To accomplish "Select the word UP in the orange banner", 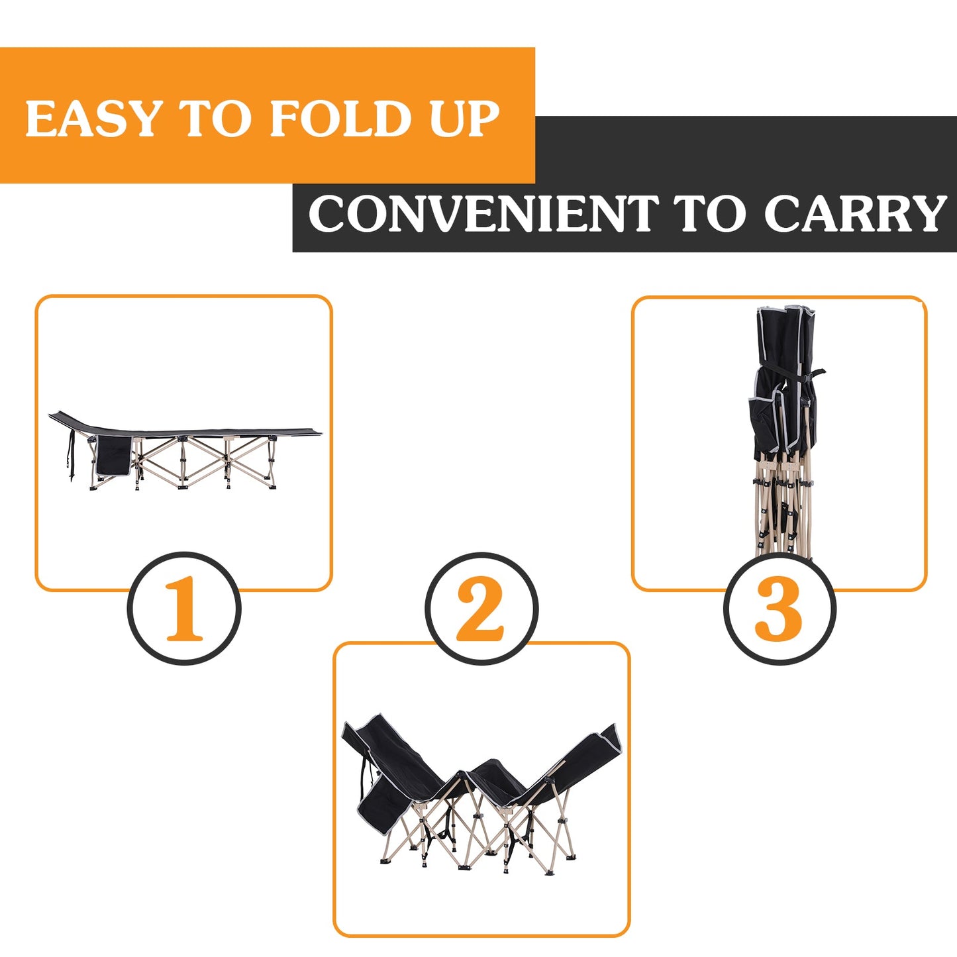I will (464, 119).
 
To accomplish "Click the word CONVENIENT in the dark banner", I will (483, 214).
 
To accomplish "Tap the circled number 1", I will (184, 608).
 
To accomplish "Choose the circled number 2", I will (481, 608).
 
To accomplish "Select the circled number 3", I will (780, 608).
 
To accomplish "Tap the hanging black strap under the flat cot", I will (70, 457).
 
